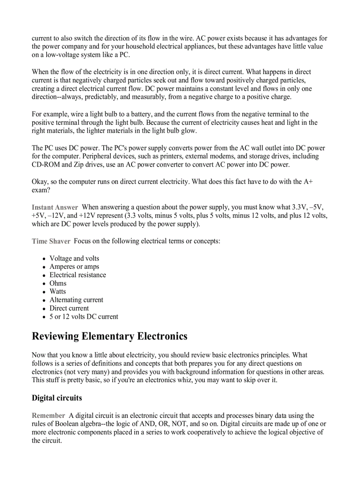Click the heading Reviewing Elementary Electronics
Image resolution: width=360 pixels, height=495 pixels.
109,337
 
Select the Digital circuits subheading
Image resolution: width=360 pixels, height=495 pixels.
56,398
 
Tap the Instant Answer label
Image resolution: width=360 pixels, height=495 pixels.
55,207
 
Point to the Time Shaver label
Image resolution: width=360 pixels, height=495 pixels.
51,241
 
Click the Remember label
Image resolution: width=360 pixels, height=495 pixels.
48,415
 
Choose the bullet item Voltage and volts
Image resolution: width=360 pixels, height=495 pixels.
74,258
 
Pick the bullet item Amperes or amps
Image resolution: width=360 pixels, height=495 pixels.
74,267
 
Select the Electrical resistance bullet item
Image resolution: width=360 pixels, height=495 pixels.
78,275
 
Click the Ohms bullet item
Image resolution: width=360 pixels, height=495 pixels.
58,283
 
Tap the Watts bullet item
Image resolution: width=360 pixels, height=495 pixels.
57,291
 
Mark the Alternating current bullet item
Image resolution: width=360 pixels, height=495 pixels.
76,300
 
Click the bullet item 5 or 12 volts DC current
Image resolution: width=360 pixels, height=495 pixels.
83,316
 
